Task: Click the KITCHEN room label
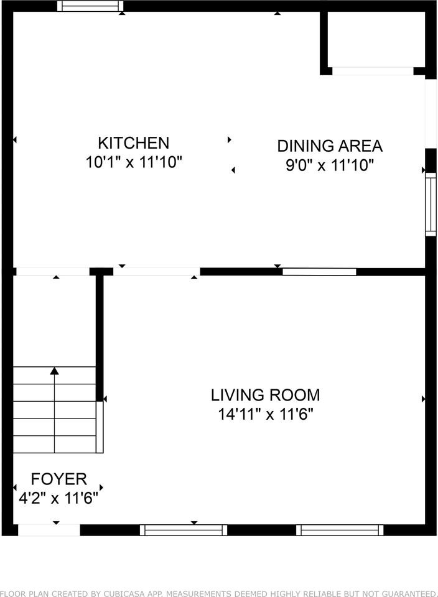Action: (133, 143)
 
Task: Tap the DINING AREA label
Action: (330, 146)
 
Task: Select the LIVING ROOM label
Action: (266, 396)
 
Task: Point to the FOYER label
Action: (58, 479)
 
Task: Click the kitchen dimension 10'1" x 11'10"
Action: (134, 162)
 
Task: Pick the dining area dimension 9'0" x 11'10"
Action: (330, 165)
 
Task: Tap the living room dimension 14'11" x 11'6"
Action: (266, 414)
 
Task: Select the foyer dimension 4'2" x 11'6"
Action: (58, 498)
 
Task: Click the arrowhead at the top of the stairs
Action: (55, 371)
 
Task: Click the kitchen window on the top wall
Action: (90, 6)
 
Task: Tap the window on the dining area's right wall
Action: (431, 205)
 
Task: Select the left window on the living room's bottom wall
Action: (184, 530)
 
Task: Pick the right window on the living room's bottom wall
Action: (340, 530)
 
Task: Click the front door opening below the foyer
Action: (49, 530)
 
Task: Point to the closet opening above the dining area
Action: (373, 71)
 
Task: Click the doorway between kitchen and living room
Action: (157, 272)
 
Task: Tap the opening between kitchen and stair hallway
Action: (53, 272)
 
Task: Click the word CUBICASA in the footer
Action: (129, 593)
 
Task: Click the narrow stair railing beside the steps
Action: (100, 427)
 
